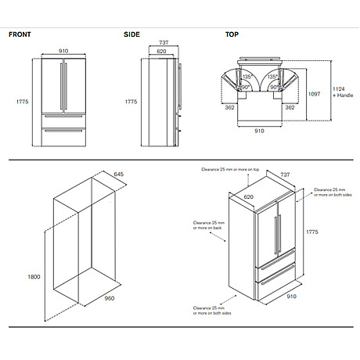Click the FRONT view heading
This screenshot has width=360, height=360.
(x=20, y=35)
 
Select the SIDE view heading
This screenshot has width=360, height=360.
(x=131, y=35)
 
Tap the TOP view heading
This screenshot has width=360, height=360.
(x=232, y=35)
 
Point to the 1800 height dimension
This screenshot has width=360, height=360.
(x=34, y=277)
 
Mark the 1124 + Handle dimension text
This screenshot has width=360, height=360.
(x=342, y=94)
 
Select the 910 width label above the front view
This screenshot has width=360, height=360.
(x=64, y=52)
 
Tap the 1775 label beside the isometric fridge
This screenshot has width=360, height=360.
(x=313, y=232)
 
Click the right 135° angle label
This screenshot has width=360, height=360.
(x=272, y=77)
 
